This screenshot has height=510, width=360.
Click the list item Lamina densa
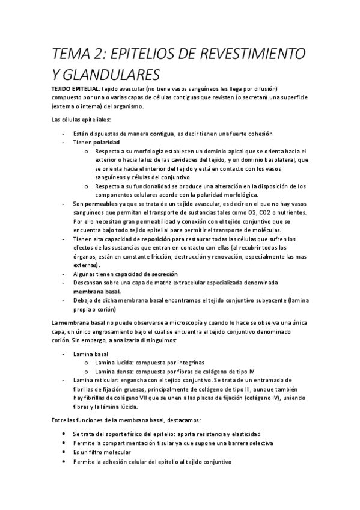tap(115, 372)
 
